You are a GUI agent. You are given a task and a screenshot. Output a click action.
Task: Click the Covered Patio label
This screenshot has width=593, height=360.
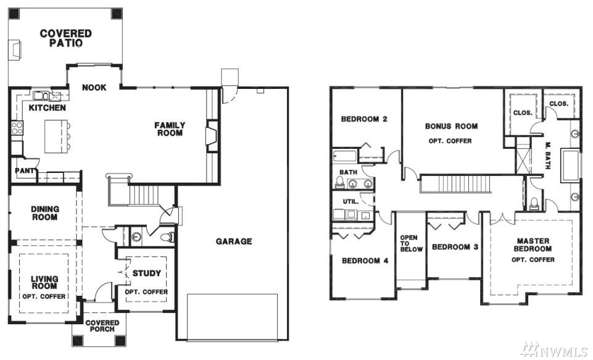click(x=66, y=38)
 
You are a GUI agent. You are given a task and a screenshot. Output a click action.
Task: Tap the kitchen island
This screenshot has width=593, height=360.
click(x=56, y=136)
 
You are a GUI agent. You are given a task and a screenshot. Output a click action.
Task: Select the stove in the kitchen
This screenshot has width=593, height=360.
click(x=17, y=128)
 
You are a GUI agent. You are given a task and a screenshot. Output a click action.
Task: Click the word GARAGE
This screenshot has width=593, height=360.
click(x=234, y=241)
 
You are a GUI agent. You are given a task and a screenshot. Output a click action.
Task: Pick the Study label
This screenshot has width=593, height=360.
click(x=147, y=273)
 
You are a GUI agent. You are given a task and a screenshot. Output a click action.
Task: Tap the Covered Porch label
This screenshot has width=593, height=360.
click(x=102, y=326)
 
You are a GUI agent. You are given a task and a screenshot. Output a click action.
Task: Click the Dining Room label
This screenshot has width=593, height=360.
click(x=45, y=213)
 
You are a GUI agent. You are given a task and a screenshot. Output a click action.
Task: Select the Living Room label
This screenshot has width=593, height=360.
click(x=44, y=282)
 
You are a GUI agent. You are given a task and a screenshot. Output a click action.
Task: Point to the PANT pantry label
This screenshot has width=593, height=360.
click(x=25, y=170)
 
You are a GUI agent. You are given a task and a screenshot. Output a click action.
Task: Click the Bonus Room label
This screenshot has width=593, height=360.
click(x=451, y=126)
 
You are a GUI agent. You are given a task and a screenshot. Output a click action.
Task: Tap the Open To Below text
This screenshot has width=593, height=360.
click(x=411, y=243)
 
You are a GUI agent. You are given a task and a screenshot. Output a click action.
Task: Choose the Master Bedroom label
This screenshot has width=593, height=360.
click(x=533, y=245)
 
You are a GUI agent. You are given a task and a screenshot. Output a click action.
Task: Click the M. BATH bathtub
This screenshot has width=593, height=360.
click(x=570, y=165)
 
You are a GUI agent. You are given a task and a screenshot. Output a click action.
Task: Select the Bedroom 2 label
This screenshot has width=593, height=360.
click(x=364, y=119)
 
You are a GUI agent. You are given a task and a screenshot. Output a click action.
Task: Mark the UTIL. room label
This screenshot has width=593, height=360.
click(x=350, y=201)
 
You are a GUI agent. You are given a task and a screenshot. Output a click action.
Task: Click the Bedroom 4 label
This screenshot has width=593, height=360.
click(x=365, y=261)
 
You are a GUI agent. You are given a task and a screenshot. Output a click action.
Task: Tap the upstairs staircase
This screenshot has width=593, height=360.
click(x=455, y=184)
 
